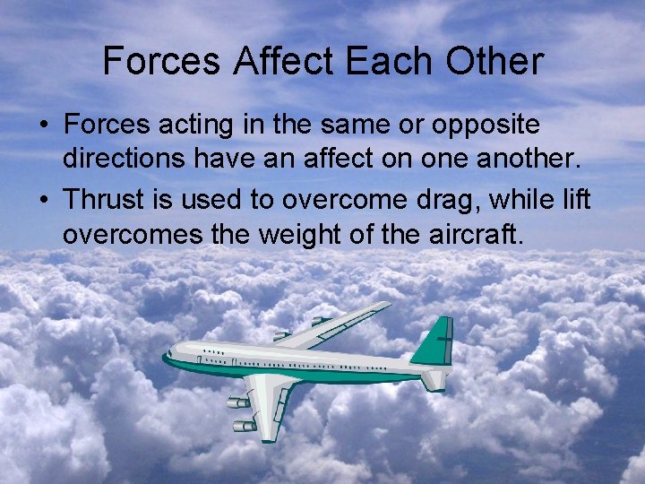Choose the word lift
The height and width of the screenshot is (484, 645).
click(577, 199)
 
